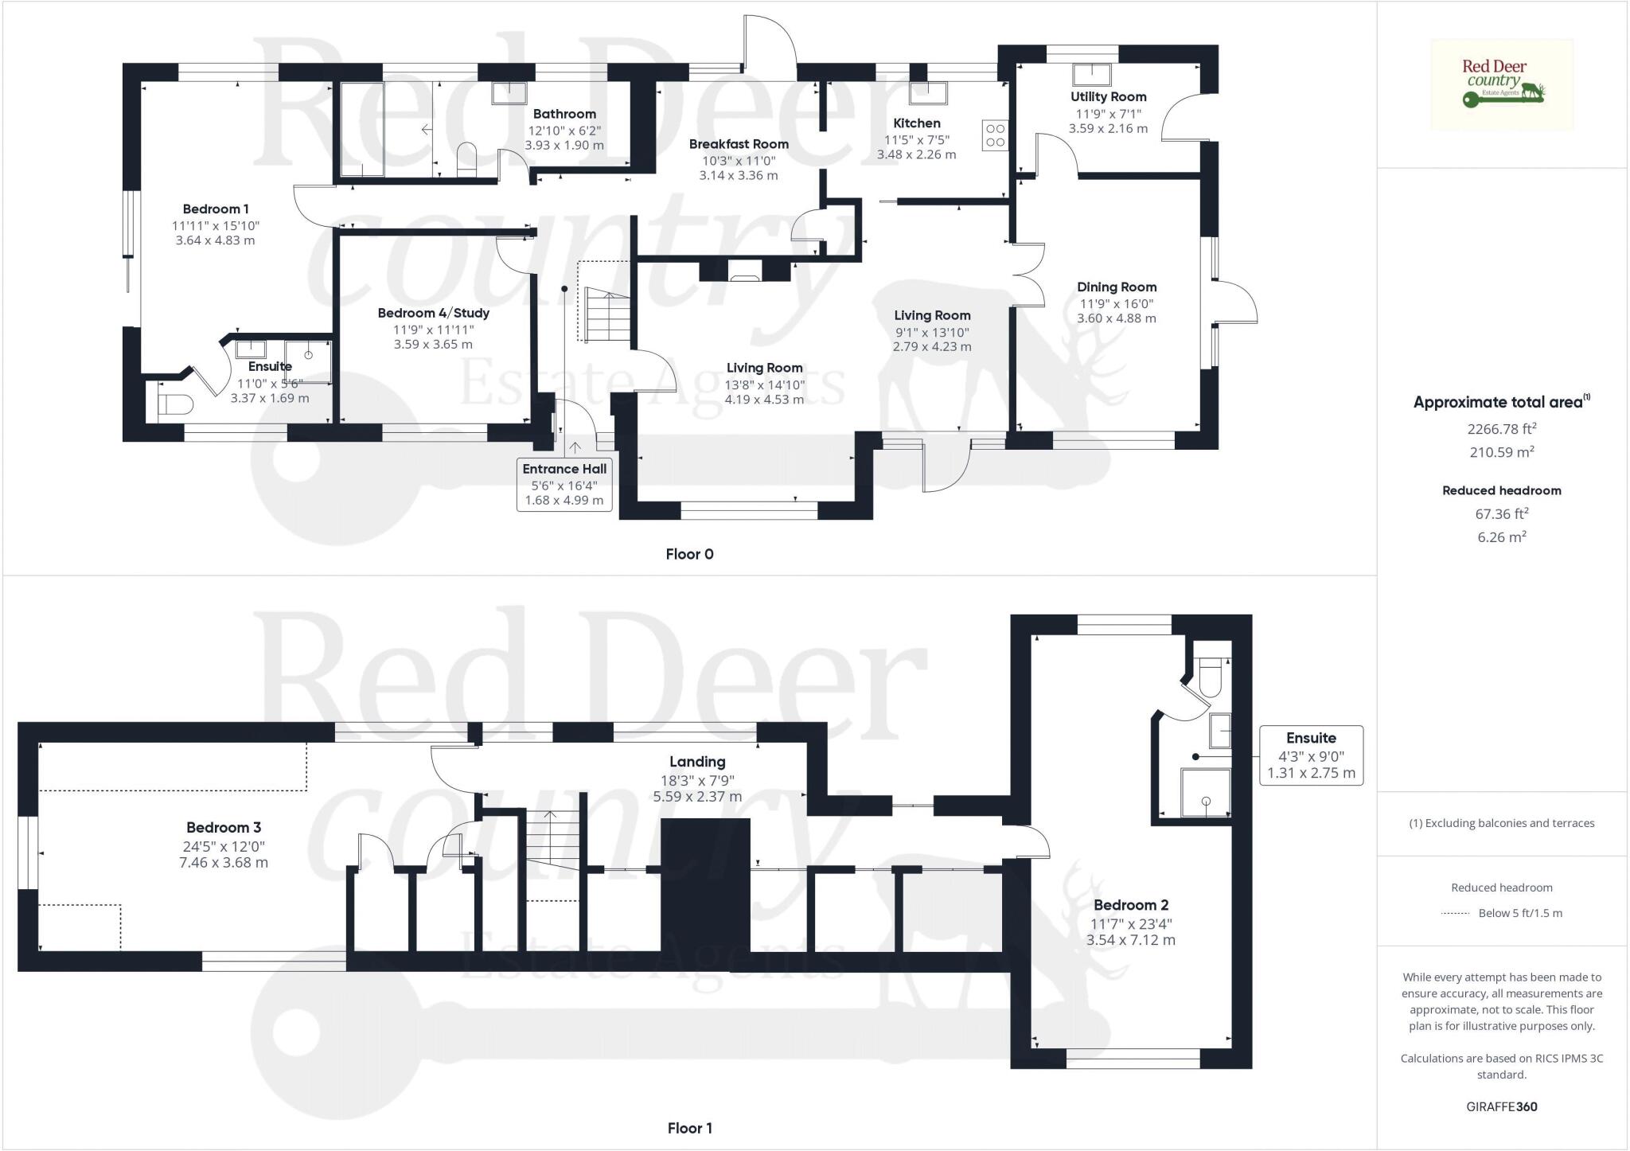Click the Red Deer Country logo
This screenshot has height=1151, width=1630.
point(1502,84)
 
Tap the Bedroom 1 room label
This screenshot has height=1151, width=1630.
point(216,209)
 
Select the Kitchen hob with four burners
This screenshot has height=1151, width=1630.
point(995,135)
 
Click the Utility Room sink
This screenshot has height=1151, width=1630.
point(1092,75)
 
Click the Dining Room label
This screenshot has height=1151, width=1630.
point(1117,287)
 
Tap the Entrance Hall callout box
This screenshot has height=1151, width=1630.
point(564,484)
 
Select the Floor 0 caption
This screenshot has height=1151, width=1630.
point(689,554)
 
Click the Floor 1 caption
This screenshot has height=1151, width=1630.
point(689,1128)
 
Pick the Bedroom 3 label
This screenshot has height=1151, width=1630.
point(224,828)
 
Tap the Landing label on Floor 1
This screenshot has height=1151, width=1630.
point(697,762)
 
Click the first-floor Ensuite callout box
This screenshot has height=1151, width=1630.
point(1311,755)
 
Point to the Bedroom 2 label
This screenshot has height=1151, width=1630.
point(1131,905)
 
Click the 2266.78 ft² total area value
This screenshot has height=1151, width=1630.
point(1502,429)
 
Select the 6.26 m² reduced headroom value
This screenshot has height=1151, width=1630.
point(1502,537)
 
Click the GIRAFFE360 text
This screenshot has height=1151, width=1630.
point(1502,1106)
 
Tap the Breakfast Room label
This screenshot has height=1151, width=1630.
point(739,144)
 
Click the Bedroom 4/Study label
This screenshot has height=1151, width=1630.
point(433,313)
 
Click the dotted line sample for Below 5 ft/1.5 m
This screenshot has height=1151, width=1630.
point(1455,914)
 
